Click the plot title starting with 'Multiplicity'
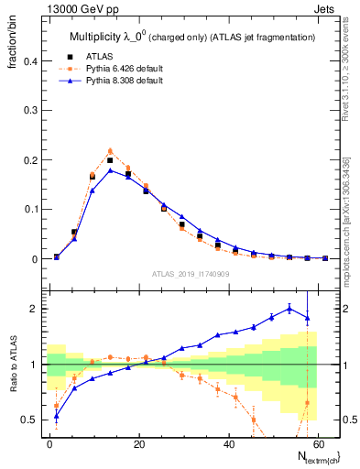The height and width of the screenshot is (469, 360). coord(192,37)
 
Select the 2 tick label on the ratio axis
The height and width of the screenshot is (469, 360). coord(30,309)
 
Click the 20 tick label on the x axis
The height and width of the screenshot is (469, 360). coord(138,442)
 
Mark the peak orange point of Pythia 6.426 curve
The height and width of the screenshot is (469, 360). coord(110,151)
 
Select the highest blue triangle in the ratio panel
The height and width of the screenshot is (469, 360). coord(289,309)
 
